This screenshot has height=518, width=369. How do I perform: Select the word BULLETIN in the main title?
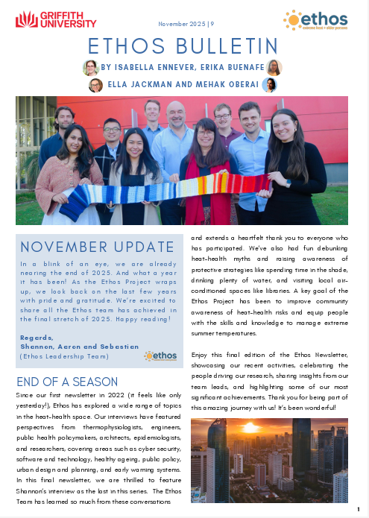226,45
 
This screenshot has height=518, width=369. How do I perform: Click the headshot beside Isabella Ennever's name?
91,68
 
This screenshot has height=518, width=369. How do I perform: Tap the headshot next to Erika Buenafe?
274,68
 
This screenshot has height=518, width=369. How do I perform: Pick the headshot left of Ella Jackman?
95,85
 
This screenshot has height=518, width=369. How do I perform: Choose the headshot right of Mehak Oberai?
269,85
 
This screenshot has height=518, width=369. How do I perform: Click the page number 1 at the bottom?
359,509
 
